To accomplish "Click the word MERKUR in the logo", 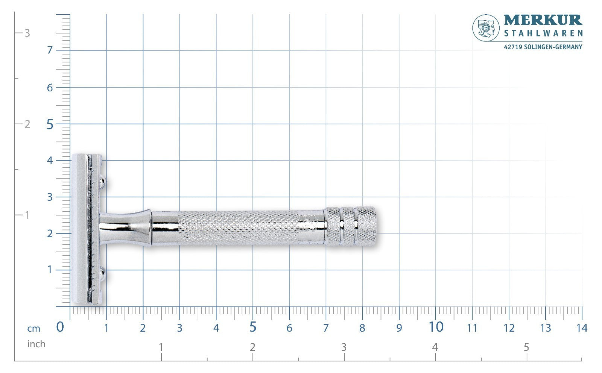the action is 543,20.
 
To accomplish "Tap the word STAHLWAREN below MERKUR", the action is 543,33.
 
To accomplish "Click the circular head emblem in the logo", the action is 486,28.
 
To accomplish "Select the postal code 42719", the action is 513,47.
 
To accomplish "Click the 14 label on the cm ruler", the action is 582,328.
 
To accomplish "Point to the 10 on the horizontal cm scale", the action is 436,327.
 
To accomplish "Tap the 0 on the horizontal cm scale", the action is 60,327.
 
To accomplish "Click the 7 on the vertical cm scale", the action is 50,50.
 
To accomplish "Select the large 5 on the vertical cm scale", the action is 50,124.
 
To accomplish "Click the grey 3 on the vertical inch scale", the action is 27,33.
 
